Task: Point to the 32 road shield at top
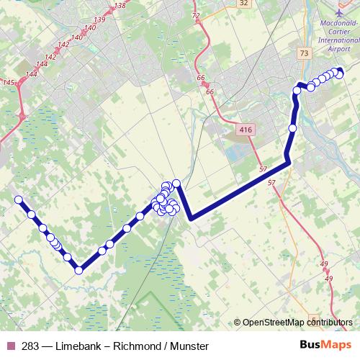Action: point(244,3)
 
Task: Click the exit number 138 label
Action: point(120,6)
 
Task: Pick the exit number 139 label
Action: point(99,19)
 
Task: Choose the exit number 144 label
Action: point(32,74)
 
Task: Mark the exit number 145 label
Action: point(9,84)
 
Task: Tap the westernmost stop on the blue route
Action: point(19,199)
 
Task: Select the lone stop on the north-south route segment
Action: point(292,128)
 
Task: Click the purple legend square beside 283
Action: point(11,346)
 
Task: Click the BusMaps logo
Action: point(326,345)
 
